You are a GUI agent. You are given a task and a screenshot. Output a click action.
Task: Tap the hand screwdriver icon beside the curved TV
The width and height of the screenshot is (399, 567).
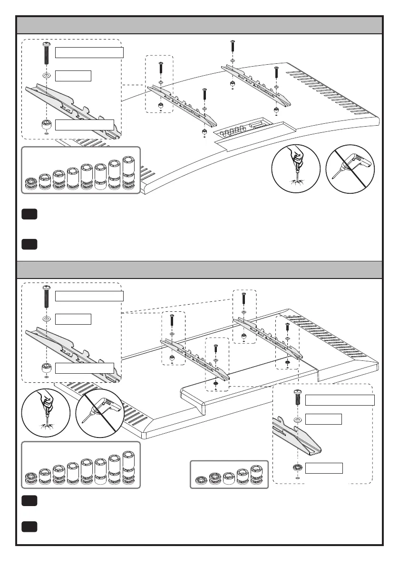point(295,169)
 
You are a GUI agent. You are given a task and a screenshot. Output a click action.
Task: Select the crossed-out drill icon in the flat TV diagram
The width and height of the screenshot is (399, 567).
point(100,412)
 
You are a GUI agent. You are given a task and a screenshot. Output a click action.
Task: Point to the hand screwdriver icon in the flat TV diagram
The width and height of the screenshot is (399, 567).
point(46,412)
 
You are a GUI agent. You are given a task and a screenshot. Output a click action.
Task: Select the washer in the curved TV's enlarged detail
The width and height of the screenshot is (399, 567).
point(46,76)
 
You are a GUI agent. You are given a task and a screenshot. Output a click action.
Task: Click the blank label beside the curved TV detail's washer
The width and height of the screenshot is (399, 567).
point(73,76)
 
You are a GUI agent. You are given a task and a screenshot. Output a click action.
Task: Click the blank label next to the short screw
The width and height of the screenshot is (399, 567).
point(340,399)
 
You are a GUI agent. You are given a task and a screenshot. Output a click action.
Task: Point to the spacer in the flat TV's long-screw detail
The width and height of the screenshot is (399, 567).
point(46,368)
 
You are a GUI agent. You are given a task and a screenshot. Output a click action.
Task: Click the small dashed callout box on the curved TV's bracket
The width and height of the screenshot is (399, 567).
point(159,84)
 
